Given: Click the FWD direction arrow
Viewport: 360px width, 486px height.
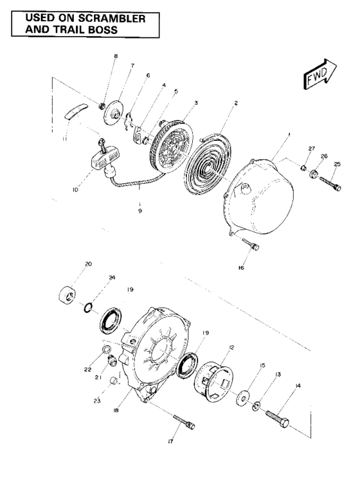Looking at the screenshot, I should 319,73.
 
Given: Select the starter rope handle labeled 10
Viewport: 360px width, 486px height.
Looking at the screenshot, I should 101,159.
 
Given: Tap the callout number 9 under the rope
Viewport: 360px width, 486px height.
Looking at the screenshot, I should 139,210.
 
